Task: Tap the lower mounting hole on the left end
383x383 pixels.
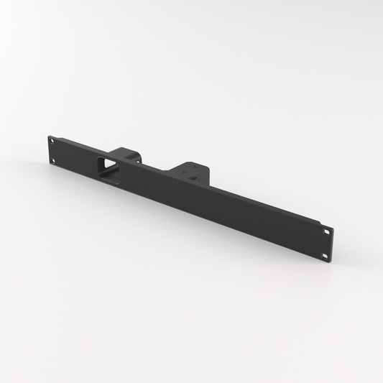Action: coord(52,160)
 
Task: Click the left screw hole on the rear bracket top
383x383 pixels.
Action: coord(183,172)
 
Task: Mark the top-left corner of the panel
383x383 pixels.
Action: coord(49,135)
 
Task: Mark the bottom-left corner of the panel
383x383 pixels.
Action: coord(48,165)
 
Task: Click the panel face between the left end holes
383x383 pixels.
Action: coord(52,151)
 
